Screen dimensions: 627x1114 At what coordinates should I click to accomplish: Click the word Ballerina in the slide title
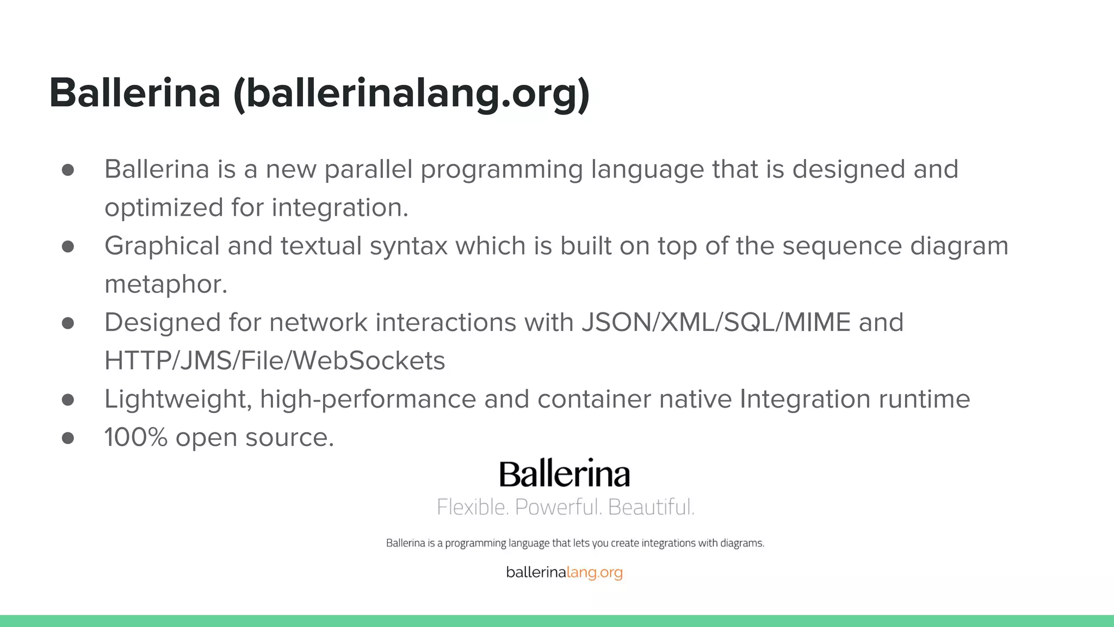(135, 93)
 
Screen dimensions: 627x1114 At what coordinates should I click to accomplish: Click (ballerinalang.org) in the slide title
(411, 94)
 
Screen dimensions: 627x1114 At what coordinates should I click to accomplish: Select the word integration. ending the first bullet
(339, 208)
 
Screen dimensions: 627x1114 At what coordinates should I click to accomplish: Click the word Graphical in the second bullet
(162, 246)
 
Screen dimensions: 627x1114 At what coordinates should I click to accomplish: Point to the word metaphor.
(165, 285)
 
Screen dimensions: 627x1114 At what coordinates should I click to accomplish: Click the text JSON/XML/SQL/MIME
(716, 322)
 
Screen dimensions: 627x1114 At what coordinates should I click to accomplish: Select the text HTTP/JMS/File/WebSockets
(275, 361)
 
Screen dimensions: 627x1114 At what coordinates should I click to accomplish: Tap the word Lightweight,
(178, 399)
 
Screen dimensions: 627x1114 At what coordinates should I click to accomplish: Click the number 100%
(135, 438)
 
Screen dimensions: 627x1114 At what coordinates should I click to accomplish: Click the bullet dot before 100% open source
(68, 438)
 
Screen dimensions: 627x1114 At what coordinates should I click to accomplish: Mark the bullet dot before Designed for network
(68, 323)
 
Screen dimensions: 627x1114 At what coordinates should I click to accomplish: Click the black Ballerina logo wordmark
(565, 474)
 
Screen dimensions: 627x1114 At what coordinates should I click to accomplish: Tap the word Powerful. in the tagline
(558, 507)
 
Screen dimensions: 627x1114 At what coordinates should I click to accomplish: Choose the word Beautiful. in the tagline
(651, 507)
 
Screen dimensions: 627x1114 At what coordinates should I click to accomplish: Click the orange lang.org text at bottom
(594, 573)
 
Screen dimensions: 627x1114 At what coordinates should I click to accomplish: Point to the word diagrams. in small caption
(742, 543)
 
